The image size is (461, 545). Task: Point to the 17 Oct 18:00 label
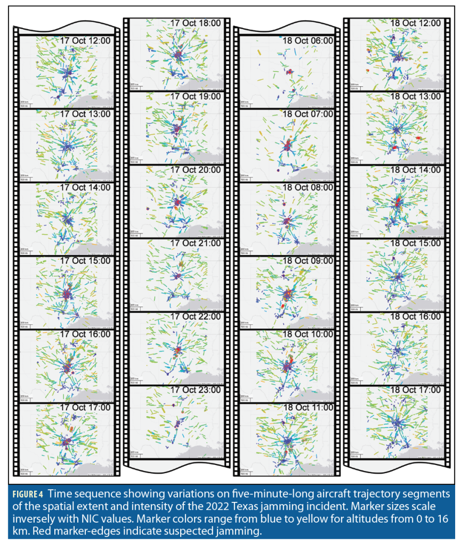[x=196, y=23]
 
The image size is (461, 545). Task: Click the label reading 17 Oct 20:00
[x=196, y=170]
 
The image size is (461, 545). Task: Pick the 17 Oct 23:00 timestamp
[x=196, y=390]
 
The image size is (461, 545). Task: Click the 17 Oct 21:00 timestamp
[x=196, y=243]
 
